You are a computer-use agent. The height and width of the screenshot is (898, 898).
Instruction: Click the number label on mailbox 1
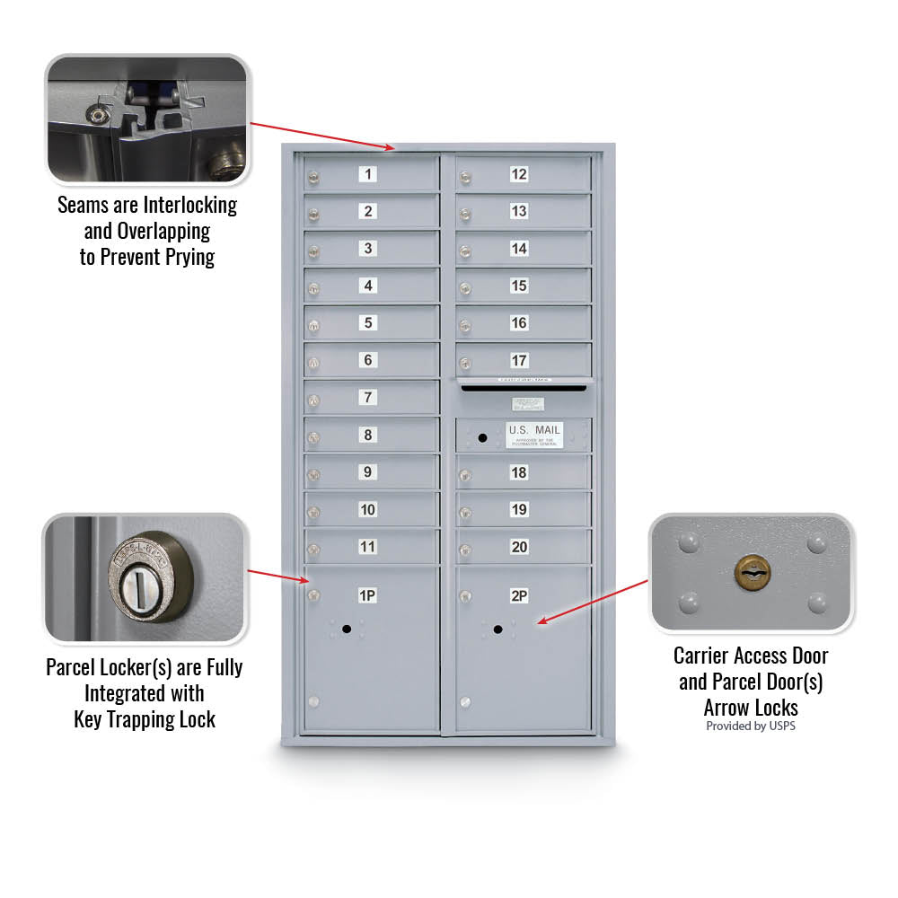368,174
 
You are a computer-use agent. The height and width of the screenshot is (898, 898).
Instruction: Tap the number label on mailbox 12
519,174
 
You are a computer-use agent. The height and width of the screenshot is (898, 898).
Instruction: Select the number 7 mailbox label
368,397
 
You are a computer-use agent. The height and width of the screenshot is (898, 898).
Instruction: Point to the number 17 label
519,360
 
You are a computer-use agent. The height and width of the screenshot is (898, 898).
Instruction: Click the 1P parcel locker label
367,595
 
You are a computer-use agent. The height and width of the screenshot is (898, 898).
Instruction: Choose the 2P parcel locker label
519,595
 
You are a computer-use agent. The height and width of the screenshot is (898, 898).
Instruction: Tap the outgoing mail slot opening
524,389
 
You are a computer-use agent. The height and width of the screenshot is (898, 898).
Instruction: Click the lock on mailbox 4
313,288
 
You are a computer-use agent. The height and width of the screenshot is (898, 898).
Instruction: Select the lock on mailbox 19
465,513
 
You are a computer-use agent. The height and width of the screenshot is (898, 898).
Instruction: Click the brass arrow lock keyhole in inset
752,571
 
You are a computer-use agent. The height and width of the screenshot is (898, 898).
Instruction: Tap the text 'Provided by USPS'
750,726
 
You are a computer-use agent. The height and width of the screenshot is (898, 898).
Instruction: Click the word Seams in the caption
83,205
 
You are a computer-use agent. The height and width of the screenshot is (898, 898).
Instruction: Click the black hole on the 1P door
347,630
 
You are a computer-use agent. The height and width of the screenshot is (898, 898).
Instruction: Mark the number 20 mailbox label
519,547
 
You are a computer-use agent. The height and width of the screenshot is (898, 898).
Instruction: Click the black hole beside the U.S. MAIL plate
482,437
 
